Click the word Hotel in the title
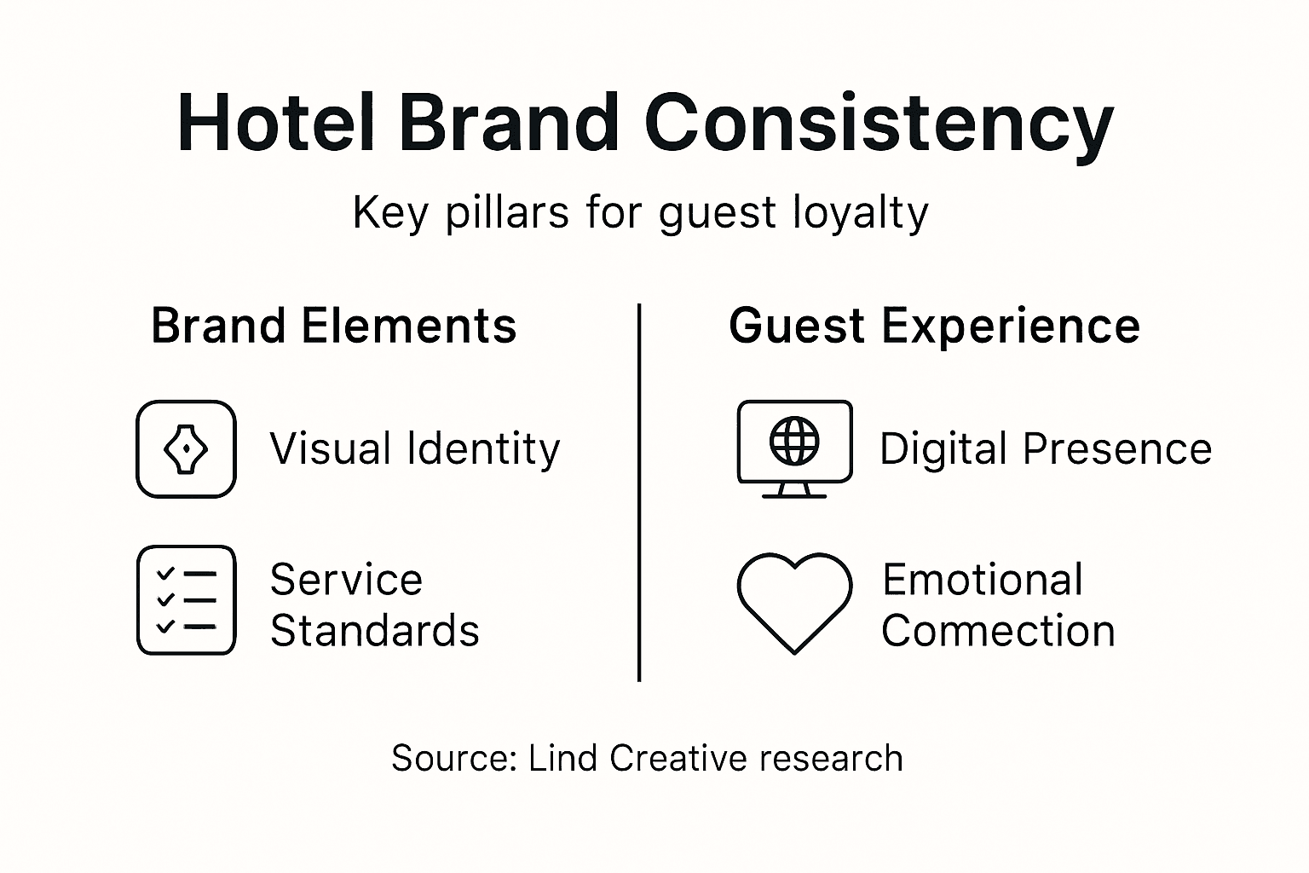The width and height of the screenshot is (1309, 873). [275, 124]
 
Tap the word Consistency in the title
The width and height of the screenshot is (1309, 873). [879, 124]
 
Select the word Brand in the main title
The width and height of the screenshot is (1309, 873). [509, 124]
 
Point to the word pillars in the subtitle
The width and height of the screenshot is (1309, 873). [506, 213]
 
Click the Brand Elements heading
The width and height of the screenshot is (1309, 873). [333, 327]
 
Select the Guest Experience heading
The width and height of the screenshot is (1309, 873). [934, 327]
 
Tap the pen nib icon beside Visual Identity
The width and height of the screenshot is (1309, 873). [186, 449]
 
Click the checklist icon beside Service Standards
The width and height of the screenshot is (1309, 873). [186, 600]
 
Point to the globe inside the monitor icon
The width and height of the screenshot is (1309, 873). [794, 441]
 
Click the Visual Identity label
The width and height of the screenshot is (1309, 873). [415, 449]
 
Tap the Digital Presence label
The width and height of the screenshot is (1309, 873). [1045, 449]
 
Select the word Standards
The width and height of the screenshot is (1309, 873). [375, 632]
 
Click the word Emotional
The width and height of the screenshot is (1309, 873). [983, 581]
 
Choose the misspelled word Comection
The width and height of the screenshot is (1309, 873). [998, 632]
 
